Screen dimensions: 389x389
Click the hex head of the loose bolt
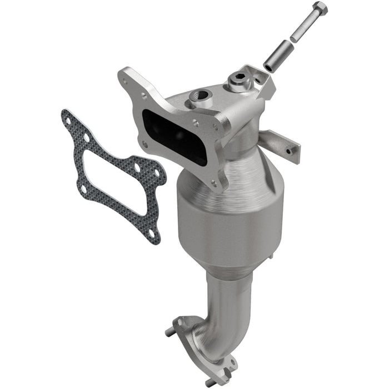coord(320,9)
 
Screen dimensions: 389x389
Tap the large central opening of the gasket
coord(111,172)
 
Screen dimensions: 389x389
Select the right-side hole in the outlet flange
coord(228,361)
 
